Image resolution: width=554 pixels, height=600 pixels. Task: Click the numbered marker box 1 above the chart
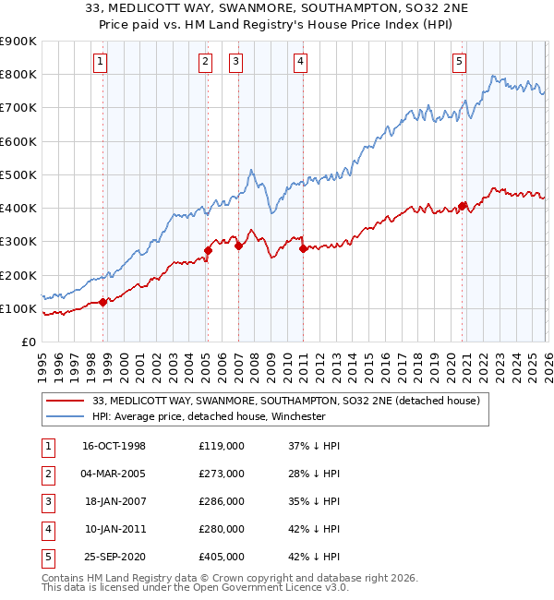[100, 62]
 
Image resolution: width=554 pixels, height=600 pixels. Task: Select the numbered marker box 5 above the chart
[459, 62]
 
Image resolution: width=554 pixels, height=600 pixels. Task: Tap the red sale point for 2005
[208, 250]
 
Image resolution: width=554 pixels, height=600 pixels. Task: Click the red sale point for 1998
[102, 302]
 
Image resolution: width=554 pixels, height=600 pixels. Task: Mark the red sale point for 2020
[462, 206]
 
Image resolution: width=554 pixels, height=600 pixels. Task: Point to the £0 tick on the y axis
[28, 342]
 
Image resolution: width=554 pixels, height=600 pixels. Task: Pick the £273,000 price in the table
[222, 474]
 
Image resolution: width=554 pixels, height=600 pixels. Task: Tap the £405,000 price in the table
[222, 557]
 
